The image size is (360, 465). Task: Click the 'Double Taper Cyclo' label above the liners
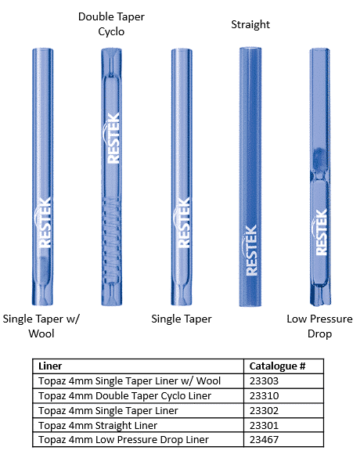tap(111, 24)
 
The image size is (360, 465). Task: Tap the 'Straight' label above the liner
tap(250, 24)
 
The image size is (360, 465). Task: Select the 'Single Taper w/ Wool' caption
tap(41, 326)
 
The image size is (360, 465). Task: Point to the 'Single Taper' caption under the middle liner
tap(182, 319)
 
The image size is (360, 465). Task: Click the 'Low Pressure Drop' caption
tap(319, 326)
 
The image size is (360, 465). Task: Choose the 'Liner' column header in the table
tap(50, 366)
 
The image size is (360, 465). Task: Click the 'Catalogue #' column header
tap(277, 366)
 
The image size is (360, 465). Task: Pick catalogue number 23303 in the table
tap(264, 381)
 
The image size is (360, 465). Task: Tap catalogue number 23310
tap(264, 396)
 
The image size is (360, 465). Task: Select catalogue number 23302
tap(264, 411)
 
